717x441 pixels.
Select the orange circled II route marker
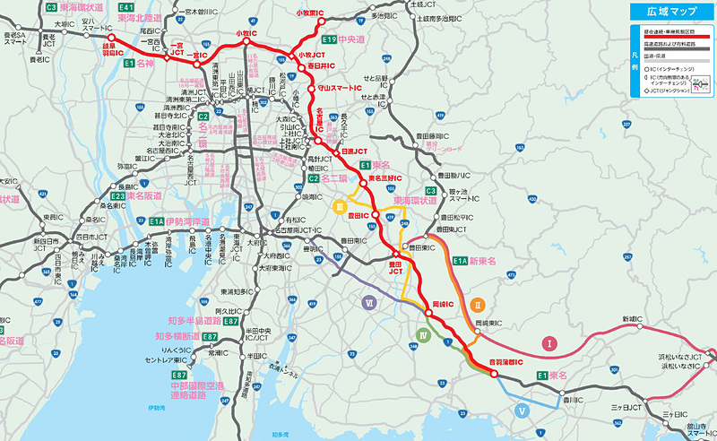tap(478, 304)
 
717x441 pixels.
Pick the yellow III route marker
tap(341, 207)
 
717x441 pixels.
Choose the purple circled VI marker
tap(368, 303)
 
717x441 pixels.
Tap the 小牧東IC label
tap(312, 13)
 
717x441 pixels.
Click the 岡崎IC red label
tap(445, 304)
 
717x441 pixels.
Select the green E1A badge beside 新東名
tap(460, 260)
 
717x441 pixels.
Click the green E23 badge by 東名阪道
tap(118, 195)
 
